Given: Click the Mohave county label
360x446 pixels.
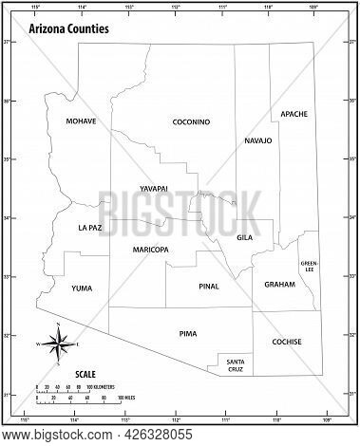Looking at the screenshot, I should [x=82, y=122].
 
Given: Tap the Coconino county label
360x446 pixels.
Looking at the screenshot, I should [x=191, y=122].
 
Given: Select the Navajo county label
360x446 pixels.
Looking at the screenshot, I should [x=257, y=140].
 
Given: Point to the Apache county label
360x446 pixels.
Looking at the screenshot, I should [x=294, y=114].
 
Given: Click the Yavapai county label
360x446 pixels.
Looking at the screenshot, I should [x=153, y=189].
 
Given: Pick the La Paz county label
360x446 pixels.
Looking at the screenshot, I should [x=89, y=229].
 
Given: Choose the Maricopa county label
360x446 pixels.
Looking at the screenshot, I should [x=151, y=250].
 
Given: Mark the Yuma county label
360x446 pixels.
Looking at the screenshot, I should [x=83, y=287].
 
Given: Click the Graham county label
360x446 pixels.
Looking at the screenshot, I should [x=280, y=285].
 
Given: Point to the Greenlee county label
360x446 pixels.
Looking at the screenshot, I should [x=310, y=266].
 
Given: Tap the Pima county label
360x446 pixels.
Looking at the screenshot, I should [x=188, y=334].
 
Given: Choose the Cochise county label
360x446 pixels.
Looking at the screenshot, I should [x=287, y=342].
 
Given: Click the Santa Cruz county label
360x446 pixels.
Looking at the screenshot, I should [x=236, y=364].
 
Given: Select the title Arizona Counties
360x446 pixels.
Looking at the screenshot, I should [x=68, y=30].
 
